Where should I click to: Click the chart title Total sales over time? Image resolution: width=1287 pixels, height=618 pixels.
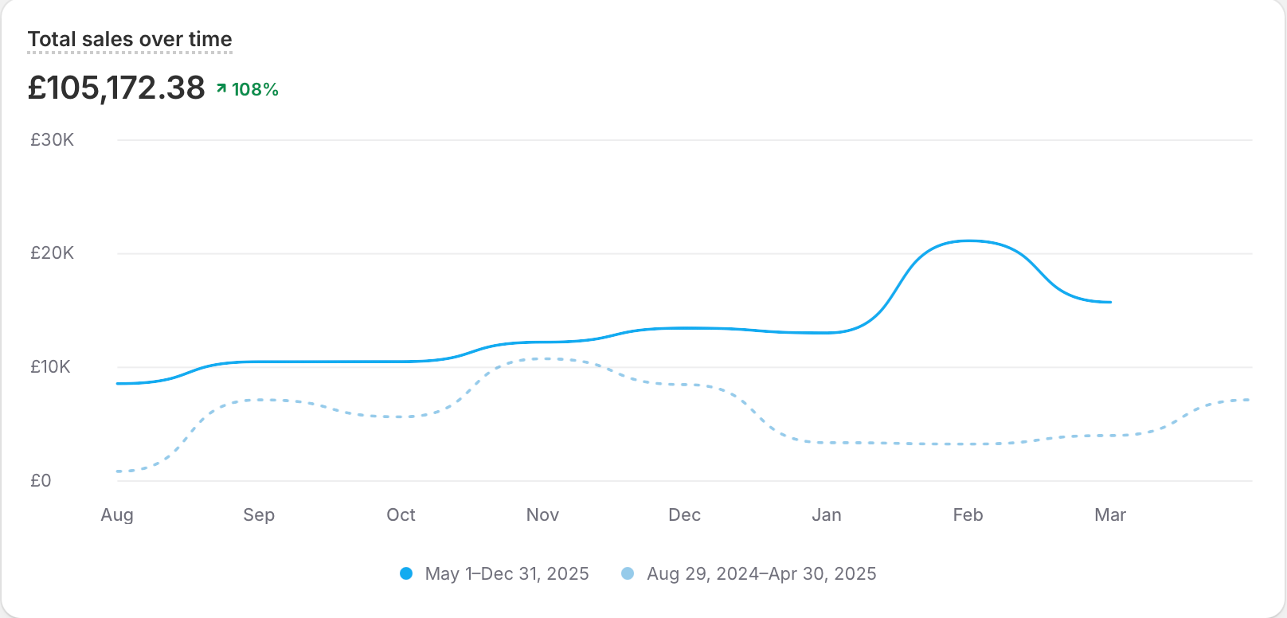tap(130, 39)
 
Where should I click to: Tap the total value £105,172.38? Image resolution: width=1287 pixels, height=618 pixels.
tap(116, 88)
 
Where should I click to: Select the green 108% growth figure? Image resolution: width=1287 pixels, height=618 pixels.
tap(255, 89)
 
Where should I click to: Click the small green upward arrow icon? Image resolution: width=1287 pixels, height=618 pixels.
tap(221, 88)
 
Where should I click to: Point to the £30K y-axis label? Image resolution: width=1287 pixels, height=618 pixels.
tap(52, 140)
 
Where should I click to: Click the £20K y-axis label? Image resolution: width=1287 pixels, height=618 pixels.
tap(52, 253)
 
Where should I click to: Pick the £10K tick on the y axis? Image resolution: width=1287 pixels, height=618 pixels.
tap(50, 367)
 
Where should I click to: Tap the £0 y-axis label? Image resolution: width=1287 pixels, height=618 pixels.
tap(41, 481)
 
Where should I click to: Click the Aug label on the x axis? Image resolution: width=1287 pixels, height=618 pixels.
tap(117, 515)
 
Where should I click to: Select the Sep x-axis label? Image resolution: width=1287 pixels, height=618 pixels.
tap(259, 515)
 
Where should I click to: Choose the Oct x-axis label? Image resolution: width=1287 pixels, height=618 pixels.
tap(401, 515)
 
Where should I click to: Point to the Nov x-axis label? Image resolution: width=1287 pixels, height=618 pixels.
tap(542, 515)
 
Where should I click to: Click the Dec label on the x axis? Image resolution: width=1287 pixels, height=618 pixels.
tap(684, 515)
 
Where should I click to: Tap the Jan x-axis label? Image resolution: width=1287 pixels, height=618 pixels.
tap(826, 515)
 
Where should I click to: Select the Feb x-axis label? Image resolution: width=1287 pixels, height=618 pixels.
tap(968, 515)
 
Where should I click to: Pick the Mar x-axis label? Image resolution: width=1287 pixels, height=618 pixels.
tap(1110, 515)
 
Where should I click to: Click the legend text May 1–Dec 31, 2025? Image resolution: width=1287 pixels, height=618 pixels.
tap(507, 574)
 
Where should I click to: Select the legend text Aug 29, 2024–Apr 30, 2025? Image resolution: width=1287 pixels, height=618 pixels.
tap(761, 574)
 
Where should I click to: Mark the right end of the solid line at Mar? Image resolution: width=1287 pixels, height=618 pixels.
tap(1110, 302)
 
